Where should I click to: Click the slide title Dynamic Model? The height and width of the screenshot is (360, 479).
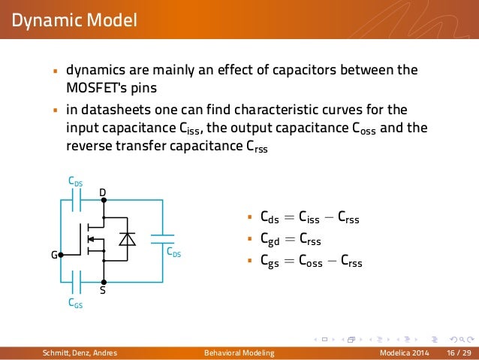(x=74, y=19)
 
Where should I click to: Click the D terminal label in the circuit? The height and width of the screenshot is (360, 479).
(x=103, y=193)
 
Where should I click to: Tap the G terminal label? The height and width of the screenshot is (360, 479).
(x=53, y=255)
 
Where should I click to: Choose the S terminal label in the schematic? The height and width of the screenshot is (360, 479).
(x=103, y=289)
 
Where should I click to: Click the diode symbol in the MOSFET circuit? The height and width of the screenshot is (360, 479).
(x=128, y=239)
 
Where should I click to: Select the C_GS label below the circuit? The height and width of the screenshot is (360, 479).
(x=75, y=304)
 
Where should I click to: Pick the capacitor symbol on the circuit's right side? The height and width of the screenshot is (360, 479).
(x=162, y=240)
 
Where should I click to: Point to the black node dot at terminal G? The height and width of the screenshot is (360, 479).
(x=62, y=254)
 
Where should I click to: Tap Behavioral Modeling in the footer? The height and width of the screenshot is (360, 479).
(x=239, y=352)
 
